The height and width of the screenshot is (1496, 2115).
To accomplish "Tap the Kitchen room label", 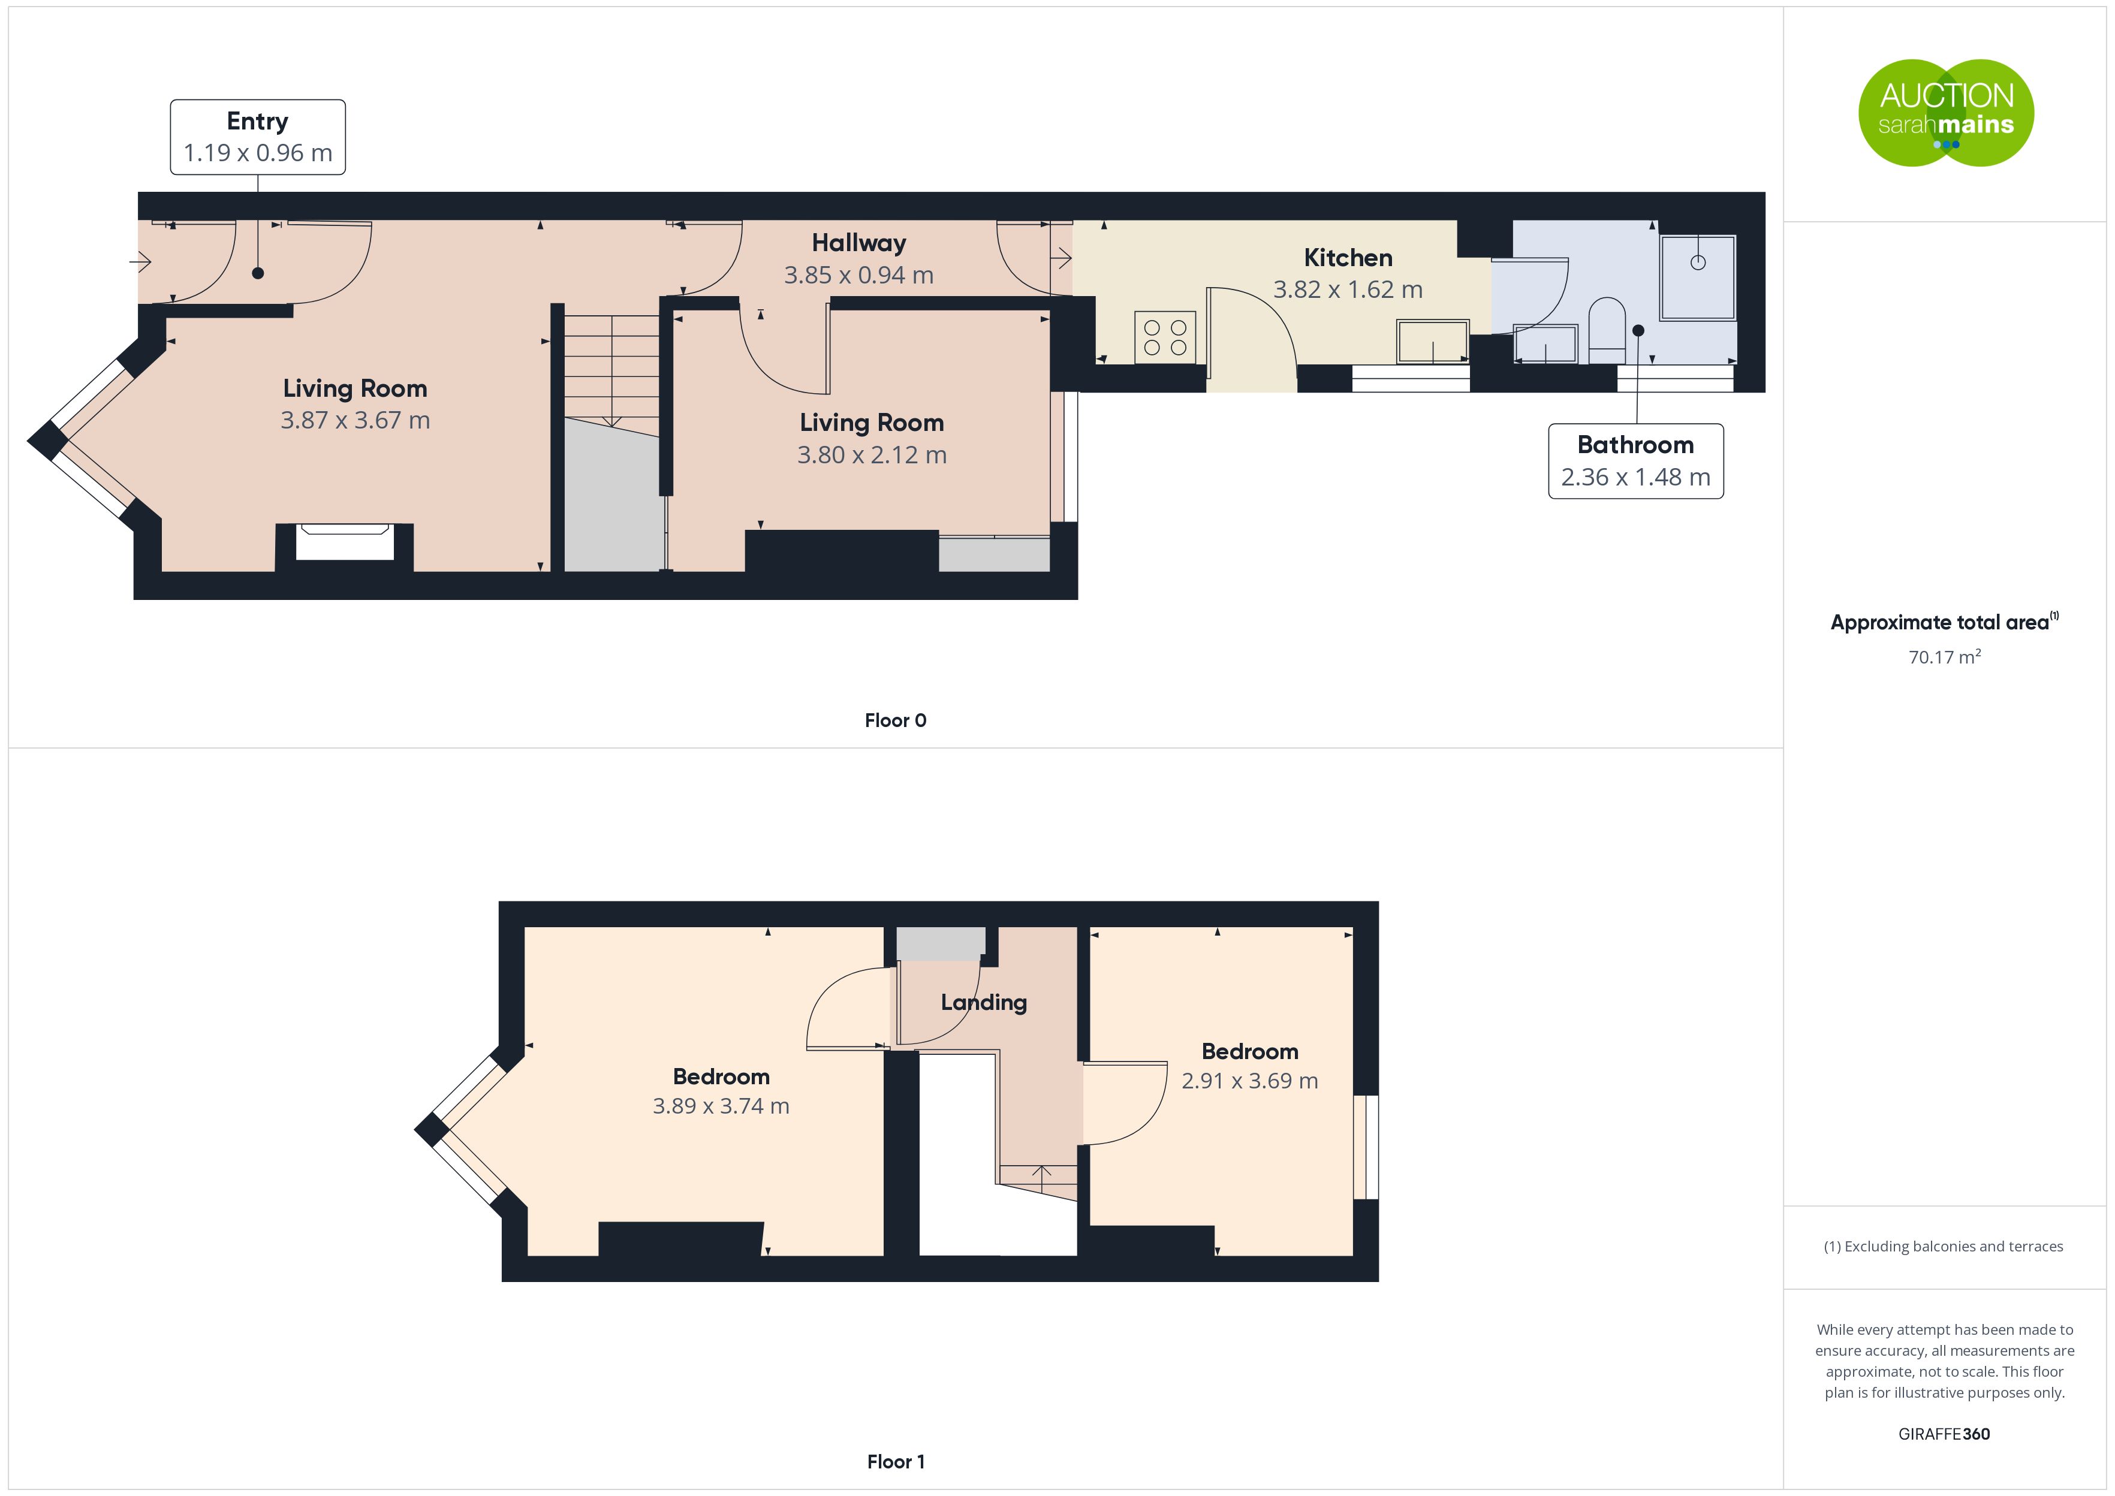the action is click(x=1348, y=258).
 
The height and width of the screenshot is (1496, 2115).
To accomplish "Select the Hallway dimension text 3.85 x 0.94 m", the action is click(x=858, y=276).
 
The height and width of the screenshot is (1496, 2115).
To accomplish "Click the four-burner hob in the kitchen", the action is click(x=1165, y=338).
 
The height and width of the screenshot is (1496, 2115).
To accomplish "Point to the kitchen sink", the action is click(x=1432, y=342).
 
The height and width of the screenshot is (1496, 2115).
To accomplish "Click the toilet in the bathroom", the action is click(x=1607, y=330).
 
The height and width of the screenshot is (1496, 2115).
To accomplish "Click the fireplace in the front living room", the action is click(x=345, y=542).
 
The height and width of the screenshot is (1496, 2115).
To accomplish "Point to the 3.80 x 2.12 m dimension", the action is click(x=872, y=455).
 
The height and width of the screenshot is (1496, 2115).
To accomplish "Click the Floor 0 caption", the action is click(x=896, y=720).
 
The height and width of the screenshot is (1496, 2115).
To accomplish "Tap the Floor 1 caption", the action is click(x=896, y=1462).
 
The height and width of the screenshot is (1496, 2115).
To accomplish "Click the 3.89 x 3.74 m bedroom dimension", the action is click(x=721, y=1106).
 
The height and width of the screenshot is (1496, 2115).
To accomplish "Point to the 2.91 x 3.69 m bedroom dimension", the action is click(x=1250, y=1081).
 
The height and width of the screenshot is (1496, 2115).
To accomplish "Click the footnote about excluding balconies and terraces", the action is click(x=1944, y=1246).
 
